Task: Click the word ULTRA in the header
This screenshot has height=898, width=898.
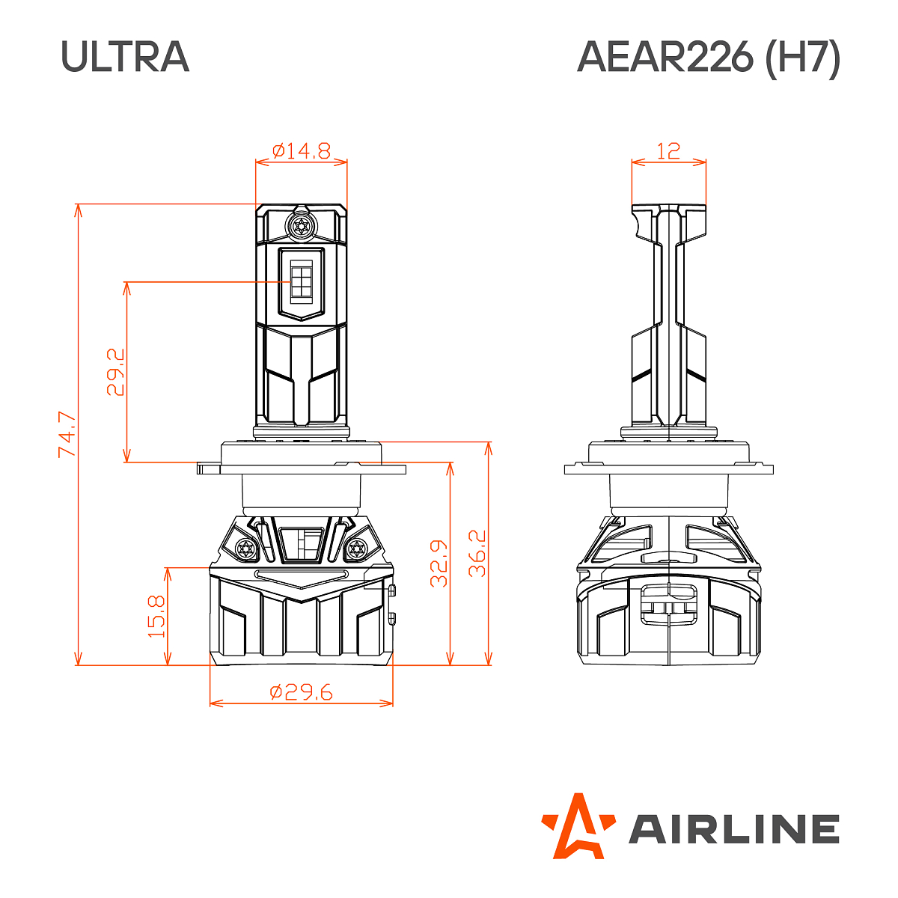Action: [125, 57]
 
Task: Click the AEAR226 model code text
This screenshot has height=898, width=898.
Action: [665, 57]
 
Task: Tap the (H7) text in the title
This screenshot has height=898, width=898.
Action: [802, 57]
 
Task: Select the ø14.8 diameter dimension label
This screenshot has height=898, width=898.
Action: [301, 151]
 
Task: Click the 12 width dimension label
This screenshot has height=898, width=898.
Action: [668, 151]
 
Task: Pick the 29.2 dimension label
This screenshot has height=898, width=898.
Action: [115, 372]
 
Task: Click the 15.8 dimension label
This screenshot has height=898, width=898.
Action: [156, 616]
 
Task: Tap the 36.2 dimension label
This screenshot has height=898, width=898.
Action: [477, 554]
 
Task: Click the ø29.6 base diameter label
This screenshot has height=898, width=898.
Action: [301, 692]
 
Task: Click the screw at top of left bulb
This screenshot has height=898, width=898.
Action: [301, 226]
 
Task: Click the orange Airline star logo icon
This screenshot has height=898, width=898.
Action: [578, 825]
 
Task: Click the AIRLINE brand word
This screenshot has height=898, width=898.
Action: [733, 829]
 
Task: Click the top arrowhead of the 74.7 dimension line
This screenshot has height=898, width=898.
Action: [78, 209]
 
